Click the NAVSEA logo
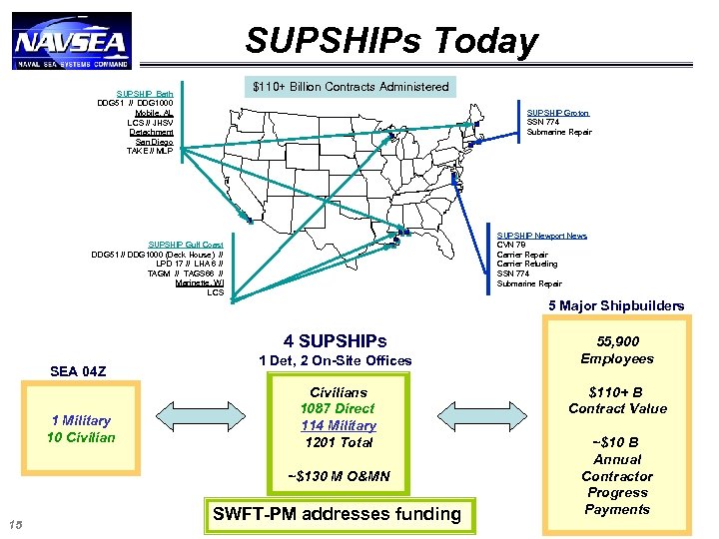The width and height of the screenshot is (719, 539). point(71,41)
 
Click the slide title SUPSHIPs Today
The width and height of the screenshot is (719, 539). point(391,41)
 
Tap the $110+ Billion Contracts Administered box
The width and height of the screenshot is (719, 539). point(351,87)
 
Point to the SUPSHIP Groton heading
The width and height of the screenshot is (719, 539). point(557,114)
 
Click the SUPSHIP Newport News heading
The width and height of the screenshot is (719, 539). point(542,236)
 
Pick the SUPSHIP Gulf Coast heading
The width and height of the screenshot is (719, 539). point(186,245)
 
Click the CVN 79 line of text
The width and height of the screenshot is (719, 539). point(512,246)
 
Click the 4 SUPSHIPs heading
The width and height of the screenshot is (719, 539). point(335,341)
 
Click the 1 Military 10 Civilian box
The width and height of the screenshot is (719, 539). point(82,429)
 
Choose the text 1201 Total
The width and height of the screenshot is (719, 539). point(339,442)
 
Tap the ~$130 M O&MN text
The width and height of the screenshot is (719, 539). point(338,476)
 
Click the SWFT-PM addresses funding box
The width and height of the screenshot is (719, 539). point(337,514)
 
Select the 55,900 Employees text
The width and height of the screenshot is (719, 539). point(617,350)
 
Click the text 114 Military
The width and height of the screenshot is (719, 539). point(339,425)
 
